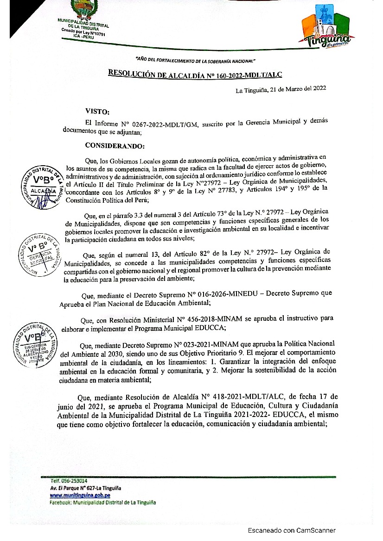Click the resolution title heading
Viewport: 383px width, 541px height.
pyautogui.click(x=195, y=74)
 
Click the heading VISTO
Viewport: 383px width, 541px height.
pyautogui.click(x=97, y=111)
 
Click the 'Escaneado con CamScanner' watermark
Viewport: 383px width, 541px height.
pyautogui.click(x=291, y=530)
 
